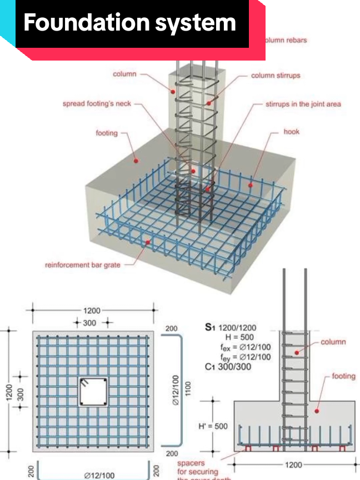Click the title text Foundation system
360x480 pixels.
[x=130, y=23]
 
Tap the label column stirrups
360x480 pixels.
[x=276, y=76]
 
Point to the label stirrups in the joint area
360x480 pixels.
[x=303, y=104]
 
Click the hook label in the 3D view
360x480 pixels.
[x=291, y=132]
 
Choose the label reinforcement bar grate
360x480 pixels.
[x=82, y=265]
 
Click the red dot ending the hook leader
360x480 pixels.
[x=250, y=185]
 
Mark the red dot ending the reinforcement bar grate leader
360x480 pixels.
[x=147, y=242]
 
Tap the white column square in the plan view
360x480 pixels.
[x=91, y=392]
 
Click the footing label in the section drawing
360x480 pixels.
[x=343, y=376]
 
